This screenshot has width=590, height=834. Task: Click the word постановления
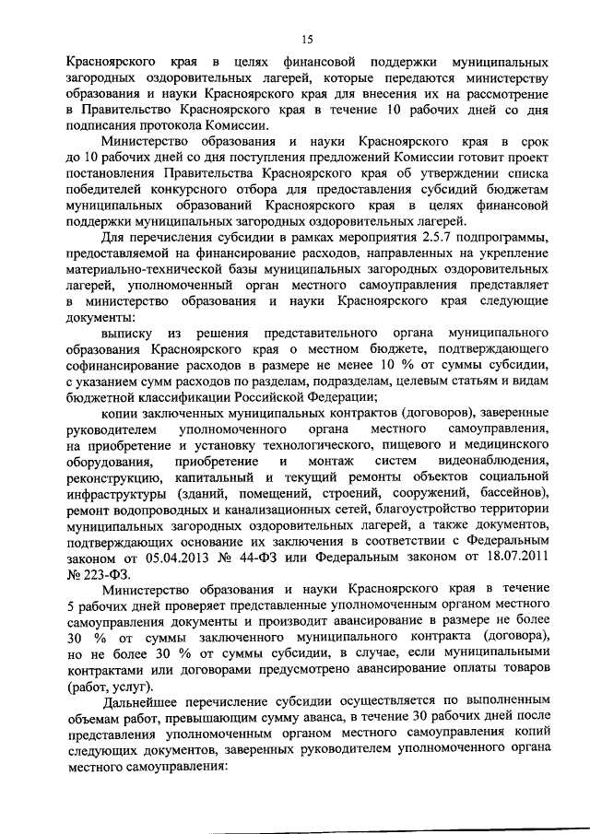click(x=111, y=172)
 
